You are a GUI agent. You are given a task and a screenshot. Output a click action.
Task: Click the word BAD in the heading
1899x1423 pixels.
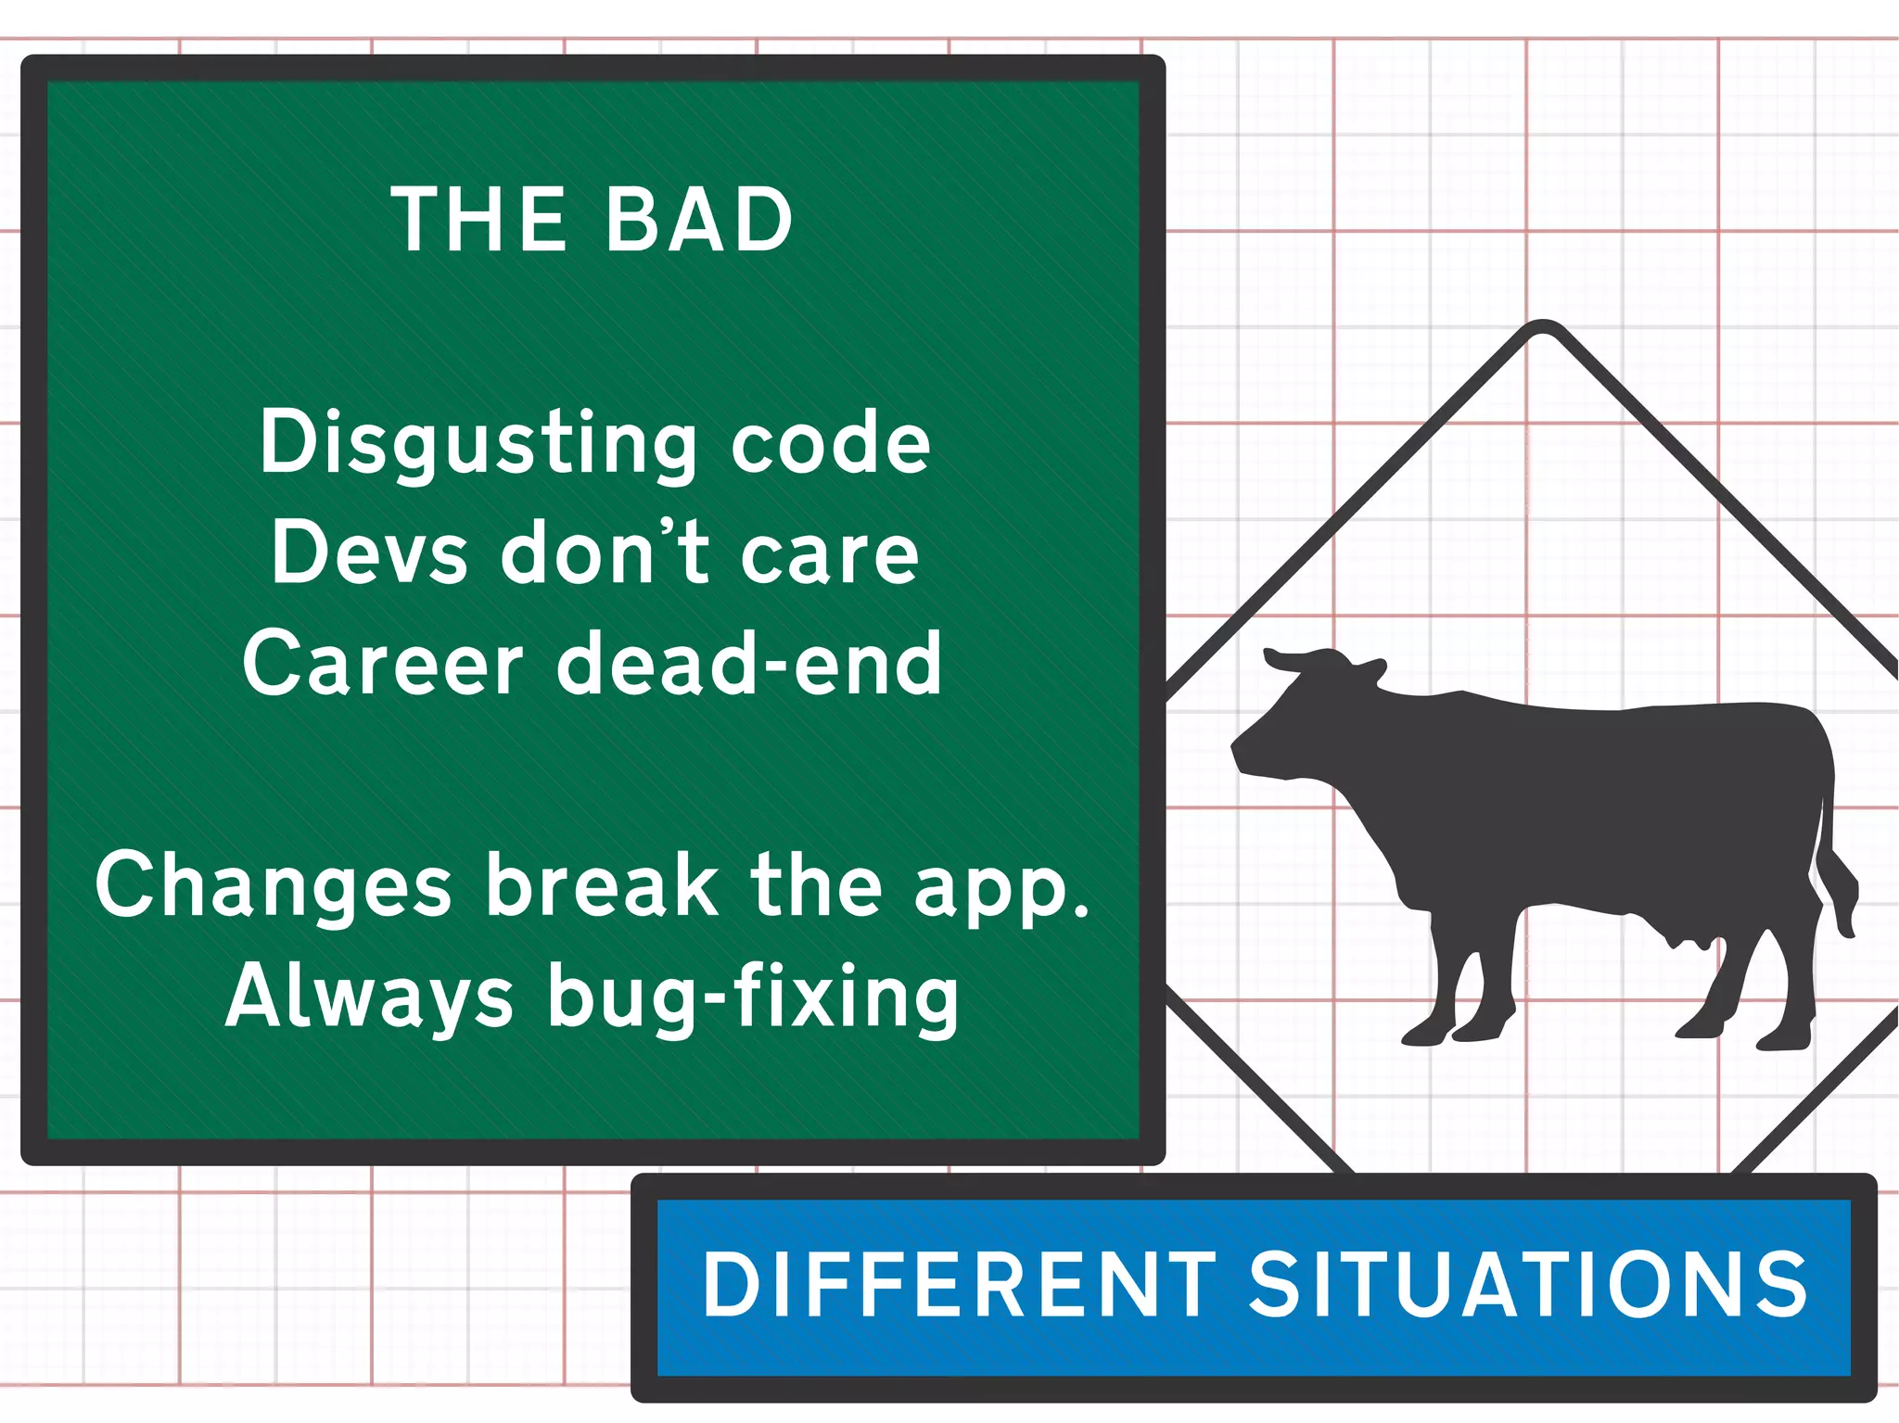[x=699, y=220]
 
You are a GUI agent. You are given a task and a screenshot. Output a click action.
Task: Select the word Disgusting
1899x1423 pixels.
[x=478, y=443]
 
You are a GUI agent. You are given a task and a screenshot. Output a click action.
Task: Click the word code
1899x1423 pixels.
[x=830, y=443]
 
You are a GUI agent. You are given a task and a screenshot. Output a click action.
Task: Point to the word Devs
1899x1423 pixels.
[x=369, y=553]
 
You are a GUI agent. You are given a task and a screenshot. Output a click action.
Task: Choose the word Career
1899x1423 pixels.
[x=383, y=664]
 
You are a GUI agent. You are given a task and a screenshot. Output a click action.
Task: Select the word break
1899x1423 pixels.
[x=603, y=885]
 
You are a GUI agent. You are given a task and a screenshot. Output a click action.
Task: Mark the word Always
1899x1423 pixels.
[x=369, y=997]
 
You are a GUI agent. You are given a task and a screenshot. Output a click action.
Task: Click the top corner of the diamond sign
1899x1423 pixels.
[x=1542, y=326]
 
